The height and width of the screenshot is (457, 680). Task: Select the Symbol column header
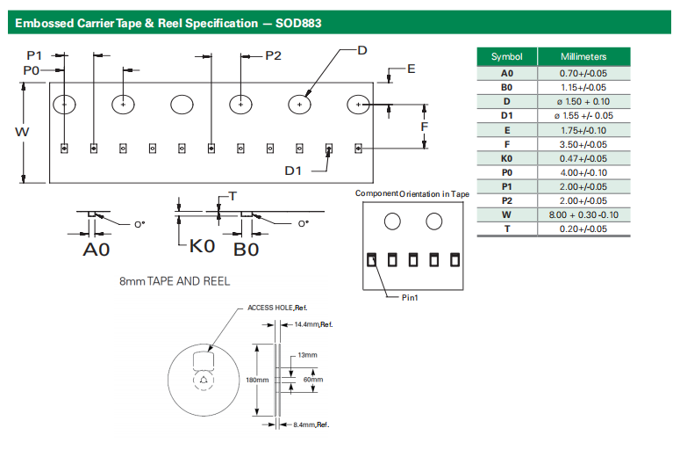tap(506, 57)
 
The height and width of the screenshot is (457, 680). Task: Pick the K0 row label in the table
tap(506, 158)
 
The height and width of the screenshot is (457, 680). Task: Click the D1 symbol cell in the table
tap(506, 116)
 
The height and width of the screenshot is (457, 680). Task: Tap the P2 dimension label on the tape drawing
tap(273, 55)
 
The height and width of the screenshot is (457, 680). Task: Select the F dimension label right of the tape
tap(424, 127)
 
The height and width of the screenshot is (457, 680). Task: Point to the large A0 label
tap(97, 250)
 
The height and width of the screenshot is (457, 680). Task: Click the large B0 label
tap(246, 250)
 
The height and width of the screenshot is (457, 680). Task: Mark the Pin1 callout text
tap(410, 298)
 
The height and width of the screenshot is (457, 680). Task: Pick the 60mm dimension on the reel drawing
tap(313, 380)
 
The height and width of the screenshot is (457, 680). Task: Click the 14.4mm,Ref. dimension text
tap(314, 325)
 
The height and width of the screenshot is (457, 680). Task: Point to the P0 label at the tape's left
tap(32, 69)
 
